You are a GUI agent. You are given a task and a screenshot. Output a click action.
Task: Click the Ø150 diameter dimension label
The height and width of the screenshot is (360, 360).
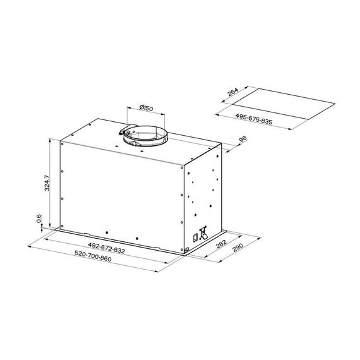point(146,107)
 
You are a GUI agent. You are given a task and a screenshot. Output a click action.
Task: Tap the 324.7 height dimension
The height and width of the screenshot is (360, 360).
point(47,183)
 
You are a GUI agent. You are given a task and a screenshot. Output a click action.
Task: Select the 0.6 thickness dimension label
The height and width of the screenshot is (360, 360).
point(39,219)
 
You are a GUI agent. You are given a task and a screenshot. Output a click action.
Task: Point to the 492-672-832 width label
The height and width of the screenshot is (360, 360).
point(106,248)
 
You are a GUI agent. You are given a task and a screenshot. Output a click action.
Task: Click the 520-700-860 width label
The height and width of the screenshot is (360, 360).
point(93,256)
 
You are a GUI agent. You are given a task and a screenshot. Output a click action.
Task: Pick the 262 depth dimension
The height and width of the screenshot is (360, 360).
point(221,244)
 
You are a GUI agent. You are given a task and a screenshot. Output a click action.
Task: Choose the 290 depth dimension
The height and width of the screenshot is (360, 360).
point(237,248)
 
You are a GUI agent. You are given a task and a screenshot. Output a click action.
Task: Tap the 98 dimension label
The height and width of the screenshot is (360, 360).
point(243,139)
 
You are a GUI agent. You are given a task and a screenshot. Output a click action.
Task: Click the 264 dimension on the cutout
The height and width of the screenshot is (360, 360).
point(233,92)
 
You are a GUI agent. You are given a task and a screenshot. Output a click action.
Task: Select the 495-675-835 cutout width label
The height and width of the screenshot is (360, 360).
point(254,119)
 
